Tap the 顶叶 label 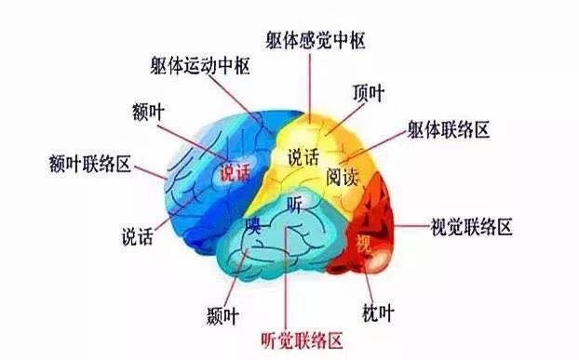coord(370,93)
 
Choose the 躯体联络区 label coord(448,129)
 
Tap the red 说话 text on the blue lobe coord(236,171)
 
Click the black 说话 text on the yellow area coord(303,156)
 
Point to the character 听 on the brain coord(296,202)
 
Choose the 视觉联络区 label coord(472,226)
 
